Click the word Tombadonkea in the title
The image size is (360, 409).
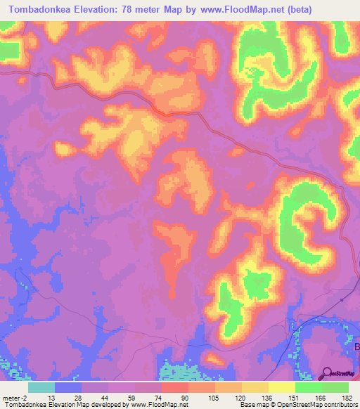coord(44,10)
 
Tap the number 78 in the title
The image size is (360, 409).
coord(130,10)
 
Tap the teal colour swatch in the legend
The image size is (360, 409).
coord(41,387)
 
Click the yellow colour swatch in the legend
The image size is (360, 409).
coord(282,387)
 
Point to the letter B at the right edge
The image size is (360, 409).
coord(356,346)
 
